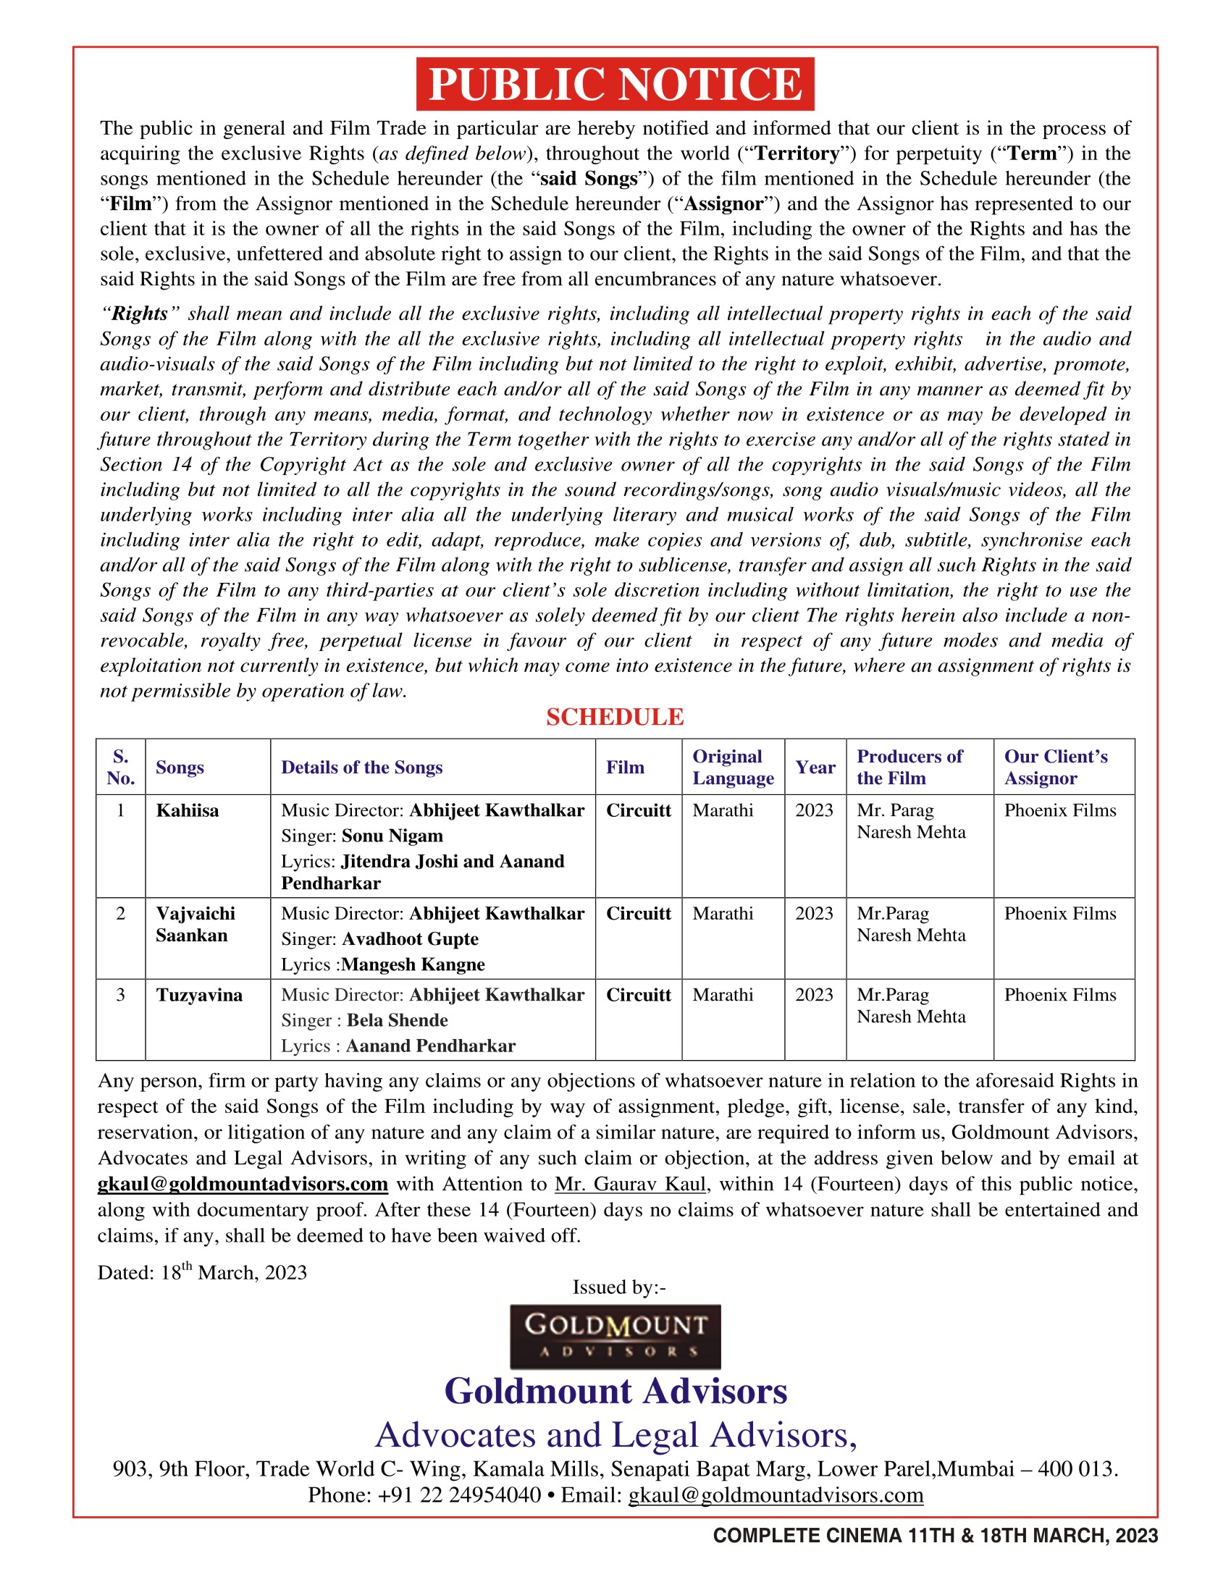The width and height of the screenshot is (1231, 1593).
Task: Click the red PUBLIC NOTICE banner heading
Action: [x=615, y=84]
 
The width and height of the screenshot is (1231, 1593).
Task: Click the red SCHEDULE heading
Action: [x=615, y=717]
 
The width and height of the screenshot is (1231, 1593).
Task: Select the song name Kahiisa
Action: [x=188, y=810]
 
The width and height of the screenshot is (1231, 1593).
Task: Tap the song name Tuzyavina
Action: [x=199, y=995]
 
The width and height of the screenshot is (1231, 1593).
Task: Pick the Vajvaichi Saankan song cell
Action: [x=196, y=924]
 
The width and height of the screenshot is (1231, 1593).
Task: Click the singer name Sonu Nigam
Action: [x=392, y=836]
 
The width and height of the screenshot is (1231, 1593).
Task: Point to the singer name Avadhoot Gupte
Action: [x=411, y=938]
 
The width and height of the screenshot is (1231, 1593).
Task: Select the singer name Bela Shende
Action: [x=398, y=1020]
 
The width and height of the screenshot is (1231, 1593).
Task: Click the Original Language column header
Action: [x=733, y=767]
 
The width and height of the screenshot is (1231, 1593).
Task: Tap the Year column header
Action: [x=815, y=768]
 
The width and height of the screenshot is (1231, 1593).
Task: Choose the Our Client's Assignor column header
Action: [x=1056, y=767]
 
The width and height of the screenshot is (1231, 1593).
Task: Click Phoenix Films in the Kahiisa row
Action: [x=1059, y=810]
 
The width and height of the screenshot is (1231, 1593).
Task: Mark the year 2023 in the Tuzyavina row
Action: [x=814, y=995]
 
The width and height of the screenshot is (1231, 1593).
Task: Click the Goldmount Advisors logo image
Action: [x=615, y=1336]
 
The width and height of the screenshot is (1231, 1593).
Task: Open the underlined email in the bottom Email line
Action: [x=776, y=1495]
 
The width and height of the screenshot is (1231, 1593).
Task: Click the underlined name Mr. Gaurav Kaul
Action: [x=630, y=1184]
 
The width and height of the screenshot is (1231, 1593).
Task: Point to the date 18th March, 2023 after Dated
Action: [x=233, y=1273]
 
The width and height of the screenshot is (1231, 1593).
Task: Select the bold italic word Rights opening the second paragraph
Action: [x=139, y=314]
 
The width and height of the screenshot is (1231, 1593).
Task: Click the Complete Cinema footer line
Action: [x=935, y=1535]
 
